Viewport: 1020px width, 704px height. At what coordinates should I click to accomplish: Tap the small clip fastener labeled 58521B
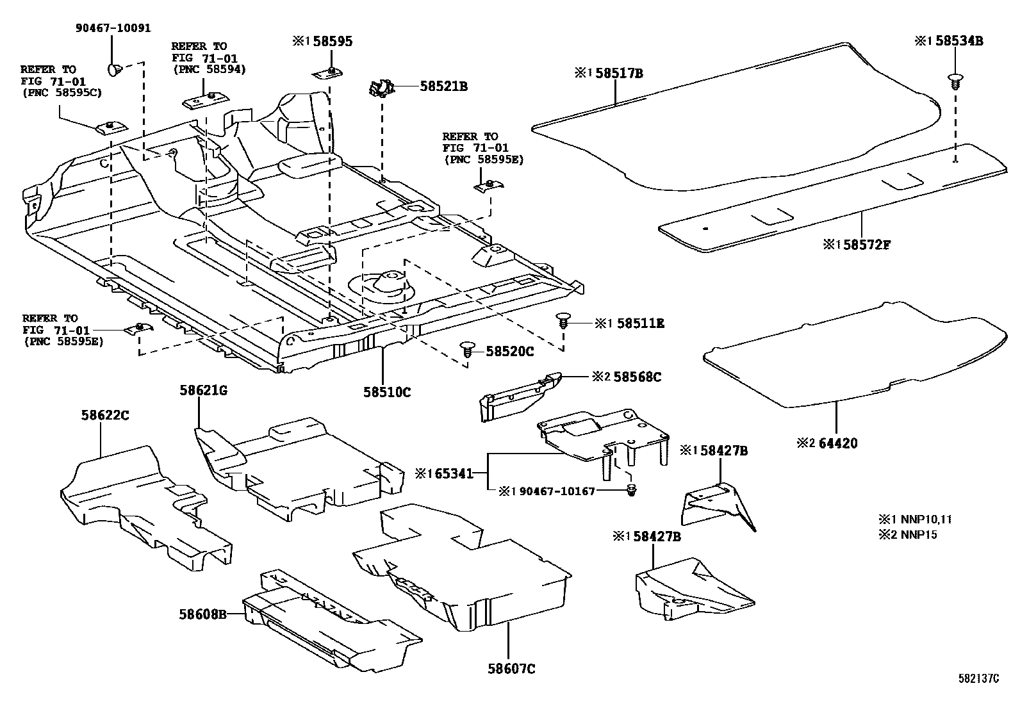click(381, 88)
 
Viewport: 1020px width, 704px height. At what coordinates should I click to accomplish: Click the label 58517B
click(618, 73)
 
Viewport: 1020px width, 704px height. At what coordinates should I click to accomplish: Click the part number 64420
click(836, 443)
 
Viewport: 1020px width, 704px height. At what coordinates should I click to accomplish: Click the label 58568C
click(637, 377)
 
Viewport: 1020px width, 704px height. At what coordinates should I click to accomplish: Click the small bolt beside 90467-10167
click(630, 490)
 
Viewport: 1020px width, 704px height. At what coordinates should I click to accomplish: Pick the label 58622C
click(105, 415)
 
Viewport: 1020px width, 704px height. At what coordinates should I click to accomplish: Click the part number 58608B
click(203, 614)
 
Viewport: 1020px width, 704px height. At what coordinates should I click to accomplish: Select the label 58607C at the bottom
click(511, 669)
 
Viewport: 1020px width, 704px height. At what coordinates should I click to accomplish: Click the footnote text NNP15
click(918, 535)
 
